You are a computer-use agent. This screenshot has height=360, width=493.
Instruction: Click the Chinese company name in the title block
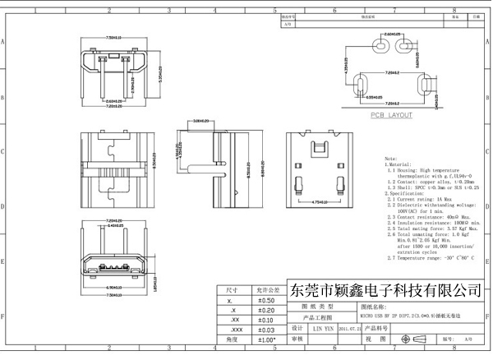point(387,291)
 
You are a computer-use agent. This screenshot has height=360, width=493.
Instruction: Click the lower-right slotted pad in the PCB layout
point(424,86)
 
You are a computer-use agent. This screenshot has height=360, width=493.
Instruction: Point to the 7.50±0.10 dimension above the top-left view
point(114,37)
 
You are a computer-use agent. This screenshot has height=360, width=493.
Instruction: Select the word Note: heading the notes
point(391,157)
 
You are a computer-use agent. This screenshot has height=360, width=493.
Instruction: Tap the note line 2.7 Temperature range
point(432,258)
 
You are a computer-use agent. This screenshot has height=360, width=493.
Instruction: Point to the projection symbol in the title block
point(404,339)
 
